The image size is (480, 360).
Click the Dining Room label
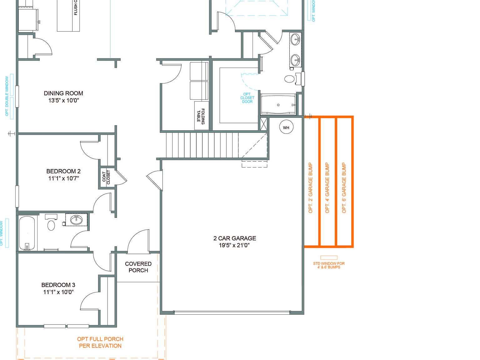coord(63,93)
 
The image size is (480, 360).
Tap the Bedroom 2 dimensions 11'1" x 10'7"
coord(63,178)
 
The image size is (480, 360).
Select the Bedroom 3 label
coord(58,285)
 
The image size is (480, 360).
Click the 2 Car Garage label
coord(235,238)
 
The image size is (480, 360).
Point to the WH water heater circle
coord(286,127)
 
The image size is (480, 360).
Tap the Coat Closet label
coord(106,177)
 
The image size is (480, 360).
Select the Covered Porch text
coord(138,267)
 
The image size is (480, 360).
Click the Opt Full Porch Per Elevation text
coord(100,342)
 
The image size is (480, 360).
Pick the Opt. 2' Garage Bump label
coord(311,188)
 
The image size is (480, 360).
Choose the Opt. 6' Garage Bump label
coord(344,188)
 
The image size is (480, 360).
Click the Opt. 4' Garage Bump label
coord(327,188)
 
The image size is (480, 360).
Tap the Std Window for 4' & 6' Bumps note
coord(329,265)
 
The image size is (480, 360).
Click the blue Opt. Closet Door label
coord(247,98)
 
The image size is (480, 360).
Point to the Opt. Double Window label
coord(7,96)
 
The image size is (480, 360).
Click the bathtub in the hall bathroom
coord(27,233)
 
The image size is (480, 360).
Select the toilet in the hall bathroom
coord(51,224)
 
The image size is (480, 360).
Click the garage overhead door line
coord(232,312)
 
